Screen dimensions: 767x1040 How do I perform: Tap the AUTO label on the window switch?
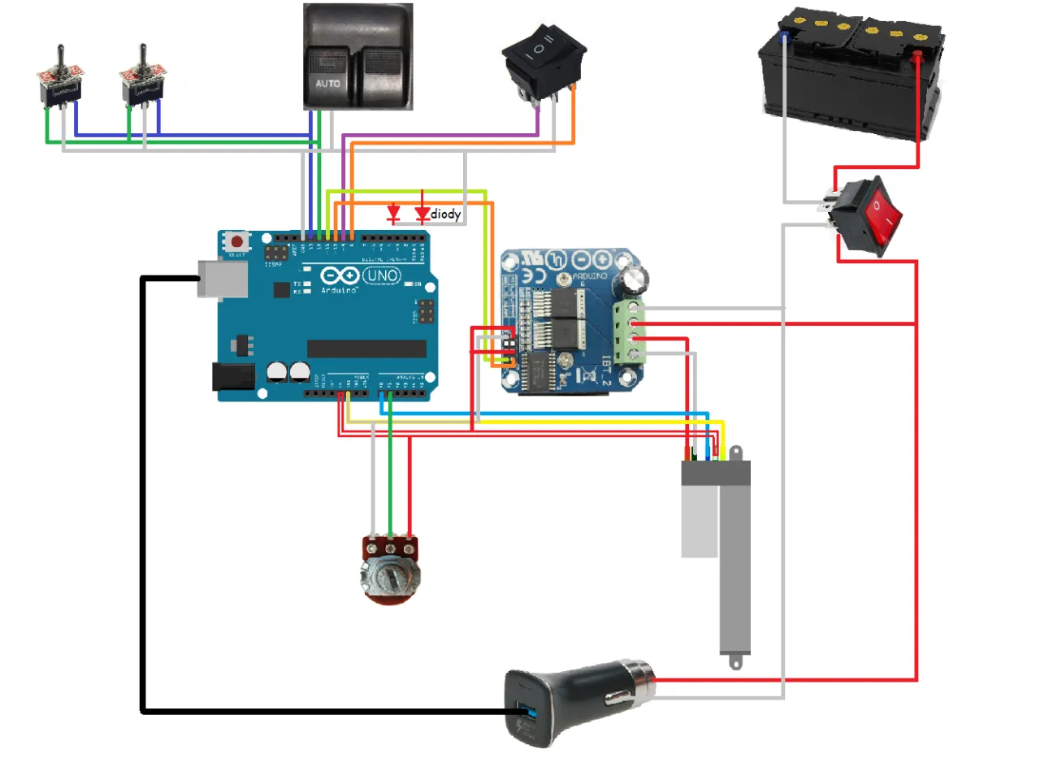click(x=328, y=84)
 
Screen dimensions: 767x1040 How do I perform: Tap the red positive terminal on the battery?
click(x=916, y=57)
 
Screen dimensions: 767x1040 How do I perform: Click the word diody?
click(x=446, y=215)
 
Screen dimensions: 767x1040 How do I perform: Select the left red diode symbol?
click(x=394, y=214)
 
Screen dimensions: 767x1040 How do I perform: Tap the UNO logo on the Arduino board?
click(x=381, y=276)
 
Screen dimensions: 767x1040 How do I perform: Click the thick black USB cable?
click(x=143, y=504)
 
